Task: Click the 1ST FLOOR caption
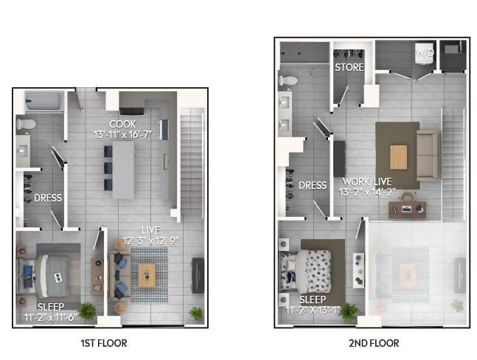pos(104,343)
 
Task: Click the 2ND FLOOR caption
pos(374,343)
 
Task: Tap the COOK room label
pos(122,124)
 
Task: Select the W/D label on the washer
pos(425,53)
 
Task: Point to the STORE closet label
pos(349,67)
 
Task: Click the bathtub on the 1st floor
pos(43,101)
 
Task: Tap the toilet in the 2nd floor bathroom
pos(288,80)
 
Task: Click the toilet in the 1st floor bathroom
pos(26,124)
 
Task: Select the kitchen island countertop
pos(123,170)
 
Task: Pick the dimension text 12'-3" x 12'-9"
pos(150,241)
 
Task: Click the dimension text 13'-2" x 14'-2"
pos(367,192)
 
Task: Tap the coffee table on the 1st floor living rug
pos(147,275)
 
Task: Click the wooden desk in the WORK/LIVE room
pos(408,210)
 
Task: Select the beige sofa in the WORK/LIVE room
pos(428,156)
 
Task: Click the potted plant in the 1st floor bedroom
pos(87,311)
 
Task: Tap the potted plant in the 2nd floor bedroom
pos(348,312)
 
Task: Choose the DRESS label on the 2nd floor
pos(313,185)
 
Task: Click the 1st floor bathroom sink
pos(23,151)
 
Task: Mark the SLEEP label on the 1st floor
pos(51,307)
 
